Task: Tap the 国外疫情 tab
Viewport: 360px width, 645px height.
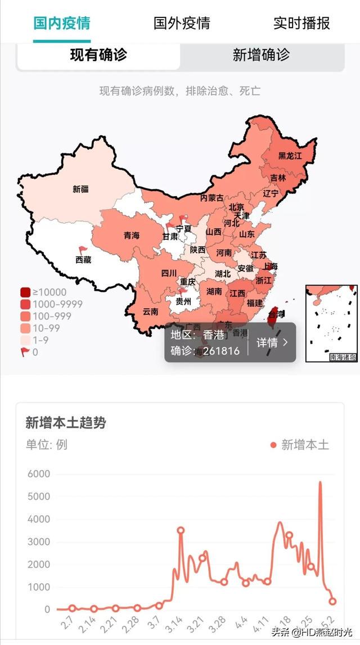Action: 182,23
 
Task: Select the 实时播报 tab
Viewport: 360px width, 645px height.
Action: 301,23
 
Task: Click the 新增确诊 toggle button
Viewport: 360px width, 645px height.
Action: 261,55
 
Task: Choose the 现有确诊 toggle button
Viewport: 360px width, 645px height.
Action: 98,55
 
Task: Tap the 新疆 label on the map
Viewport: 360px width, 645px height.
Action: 80,190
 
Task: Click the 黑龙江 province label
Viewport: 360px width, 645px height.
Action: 290,155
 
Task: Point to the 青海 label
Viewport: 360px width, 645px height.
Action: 131,236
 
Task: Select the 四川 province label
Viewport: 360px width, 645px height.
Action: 169,273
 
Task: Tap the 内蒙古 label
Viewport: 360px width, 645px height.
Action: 211,198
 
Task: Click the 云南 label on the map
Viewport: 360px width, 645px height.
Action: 150,311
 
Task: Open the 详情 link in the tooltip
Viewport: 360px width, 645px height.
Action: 272,342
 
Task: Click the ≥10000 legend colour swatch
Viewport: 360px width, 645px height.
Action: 25,292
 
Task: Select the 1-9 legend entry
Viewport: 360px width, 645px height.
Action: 42,340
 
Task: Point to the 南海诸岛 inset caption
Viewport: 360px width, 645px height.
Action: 343,357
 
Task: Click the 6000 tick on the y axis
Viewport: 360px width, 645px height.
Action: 39,474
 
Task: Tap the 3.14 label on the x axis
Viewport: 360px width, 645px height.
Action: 176,626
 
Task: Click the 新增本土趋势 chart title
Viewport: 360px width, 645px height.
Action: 65,423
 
